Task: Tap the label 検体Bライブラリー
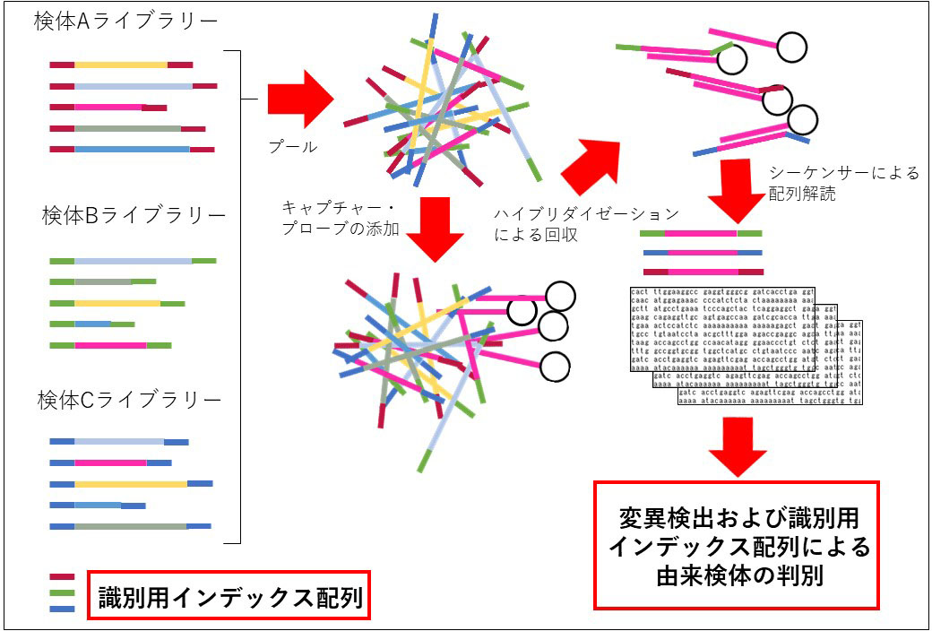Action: (134, 216)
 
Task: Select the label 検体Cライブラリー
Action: (129, 401)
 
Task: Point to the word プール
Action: (293, 146)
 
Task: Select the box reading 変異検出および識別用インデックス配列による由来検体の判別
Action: (738, 546)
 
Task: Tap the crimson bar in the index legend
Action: (62, 578)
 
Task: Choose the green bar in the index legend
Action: (62, 592)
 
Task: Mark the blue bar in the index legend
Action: (62, 609)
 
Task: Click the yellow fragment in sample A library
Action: (121, 65)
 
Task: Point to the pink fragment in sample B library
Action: (110, 345)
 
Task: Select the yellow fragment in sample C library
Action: (131, 484)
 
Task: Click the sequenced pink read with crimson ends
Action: (701, 271)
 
